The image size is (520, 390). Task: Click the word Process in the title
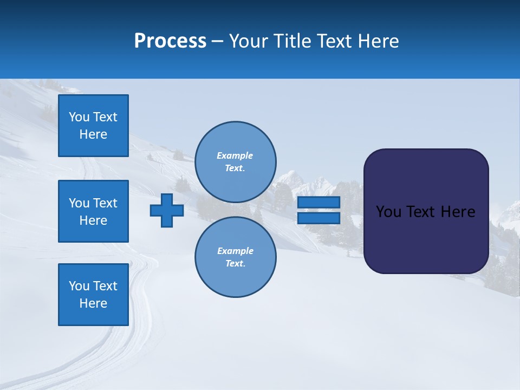(170, 41)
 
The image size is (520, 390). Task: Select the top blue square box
(93, 126)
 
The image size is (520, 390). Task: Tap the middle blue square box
(93, 211)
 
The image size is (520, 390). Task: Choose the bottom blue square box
(93, 295)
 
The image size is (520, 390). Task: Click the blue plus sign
(167, 210)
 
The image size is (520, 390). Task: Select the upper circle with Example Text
(235, 162)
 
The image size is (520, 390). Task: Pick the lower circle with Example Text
(235, 257)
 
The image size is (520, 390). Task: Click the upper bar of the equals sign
(318, 203)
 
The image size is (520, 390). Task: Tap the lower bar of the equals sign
(318, 218)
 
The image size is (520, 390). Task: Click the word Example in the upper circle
(235, 155)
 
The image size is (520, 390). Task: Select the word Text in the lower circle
(235, 264)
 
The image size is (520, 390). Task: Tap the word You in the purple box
(388, 212)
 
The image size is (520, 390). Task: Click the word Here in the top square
(93, 134)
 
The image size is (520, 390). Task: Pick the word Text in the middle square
(105, 203)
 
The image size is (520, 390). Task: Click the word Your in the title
(248, 41)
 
